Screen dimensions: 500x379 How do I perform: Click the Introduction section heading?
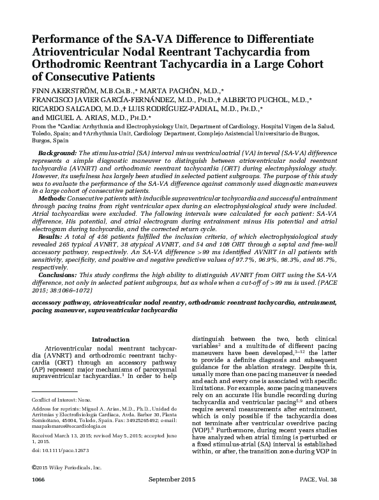110,339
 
